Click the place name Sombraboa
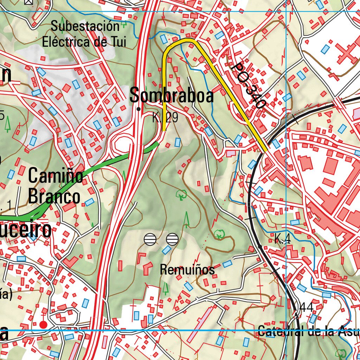coord(172,95)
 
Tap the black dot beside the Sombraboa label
coord(139,109)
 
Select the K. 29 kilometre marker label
coord(165,118)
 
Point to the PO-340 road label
coord(248,85)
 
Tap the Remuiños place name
coord(187,270)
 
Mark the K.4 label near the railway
coord(282,239)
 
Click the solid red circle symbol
coord(43,324)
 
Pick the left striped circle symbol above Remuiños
coord(150,239)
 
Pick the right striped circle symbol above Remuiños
coord(172,239)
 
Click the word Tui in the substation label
coord(116,42)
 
